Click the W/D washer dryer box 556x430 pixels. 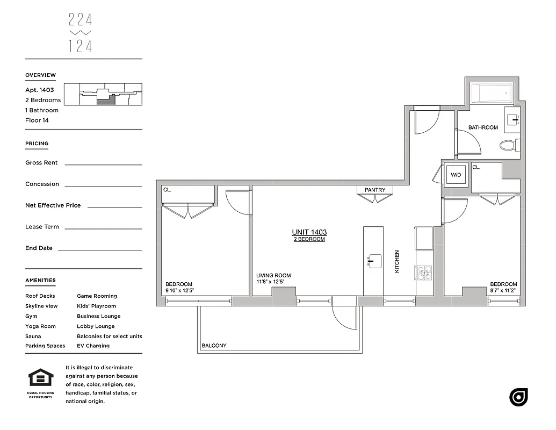tap(456, 175)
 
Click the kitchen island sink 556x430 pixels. tap(374, 261)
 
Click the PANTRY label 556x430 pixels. tap(375, 190)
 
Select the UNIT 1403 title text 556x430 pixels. tap(309, 232)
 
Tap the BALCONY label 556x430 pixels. tap(214, 346)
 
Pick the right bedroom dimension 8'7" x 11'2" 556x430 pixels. tap(503, 290)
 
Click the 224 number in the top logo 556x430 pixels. tap(81, 20)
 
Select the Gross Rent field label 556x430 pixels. tap(41, 163)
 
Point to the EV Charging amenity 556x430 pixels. tap(93, 346)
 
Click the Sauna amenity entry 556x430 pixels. tap(33, 336)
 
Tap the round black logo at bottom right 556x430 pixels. tap(518, 397)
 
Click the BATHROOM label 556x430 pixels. tap(483, 127)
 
